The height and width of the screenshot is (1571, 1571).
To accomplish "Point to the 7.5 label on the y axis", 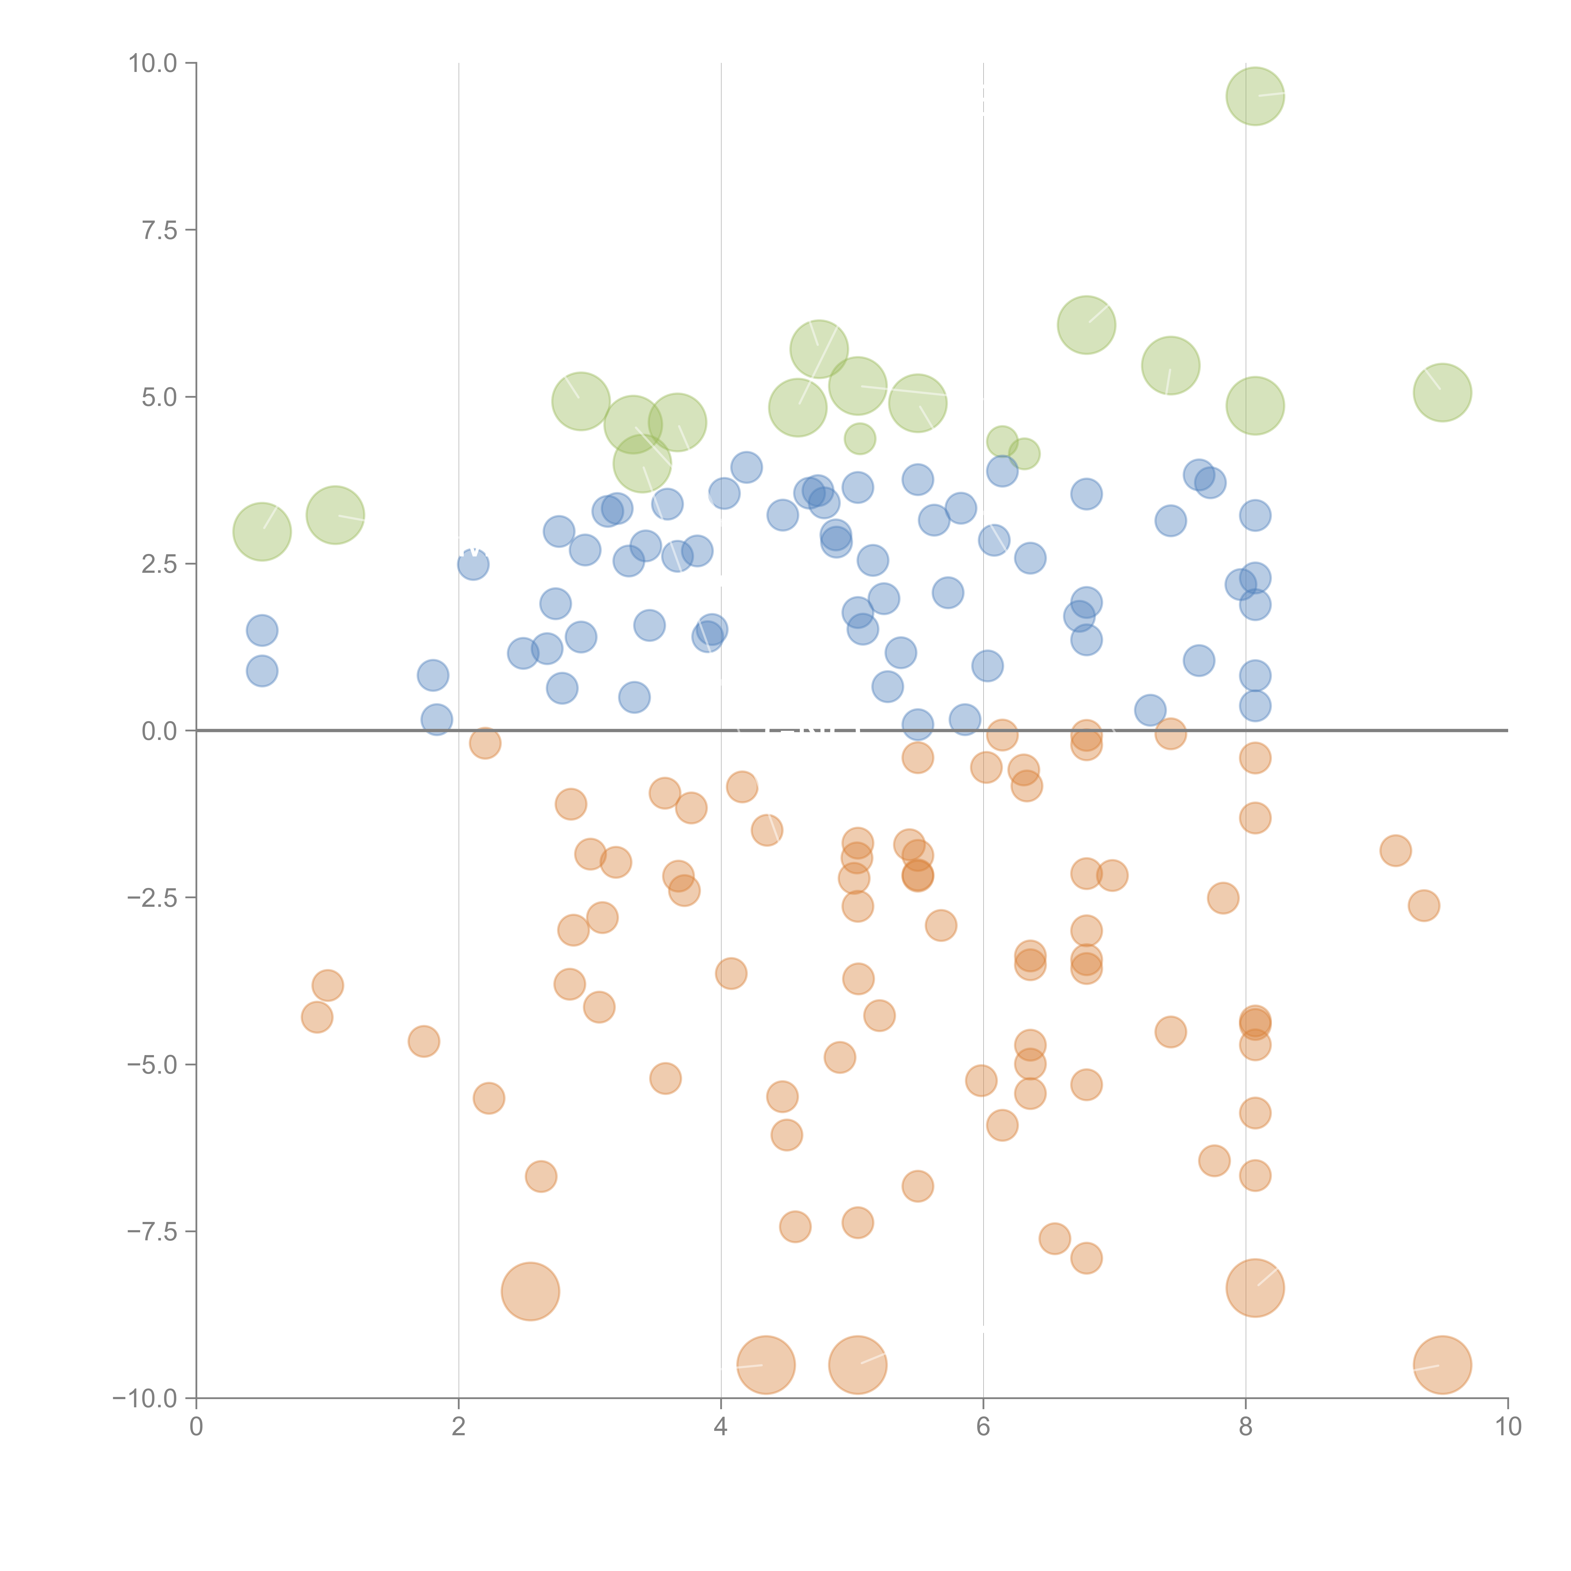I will point(159,230).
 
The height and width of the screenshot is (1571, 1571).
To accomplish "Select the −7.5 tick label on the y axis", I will point(152,1231).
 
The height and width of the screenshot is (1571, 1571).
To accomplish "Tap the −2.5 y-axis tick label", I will point(152,898).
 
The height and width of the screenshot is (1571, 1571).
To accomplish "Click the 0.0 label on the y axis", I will point(159,731).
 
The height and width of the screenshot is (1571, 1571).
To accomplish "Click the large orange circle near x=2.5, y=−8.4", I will point(530,1291).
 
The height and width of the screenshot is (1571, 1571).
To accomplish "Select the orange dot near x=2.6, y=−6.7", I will point(541,1177).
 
